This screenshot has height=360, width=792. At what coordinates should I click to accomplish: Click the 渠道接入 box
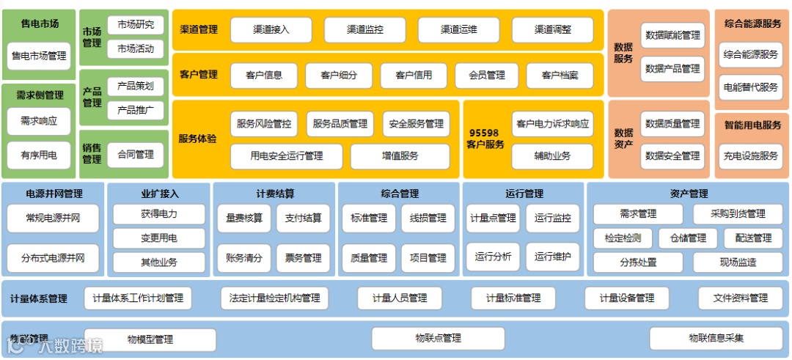click(271, 30)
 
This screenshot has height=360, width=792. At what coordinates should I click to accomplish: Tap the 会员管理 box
click(481, 76)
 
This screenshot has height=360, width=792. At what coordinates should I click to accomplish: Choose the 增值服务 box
click(400, 156)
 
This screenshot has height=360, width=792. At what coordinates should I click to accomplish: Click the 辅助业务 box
click(552, 155)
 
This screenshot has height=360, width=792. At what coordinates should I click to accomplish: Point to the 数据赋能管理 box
click(672, 35)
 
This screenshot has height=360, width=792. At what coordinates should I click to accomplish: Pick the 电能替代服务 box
click(750, 87)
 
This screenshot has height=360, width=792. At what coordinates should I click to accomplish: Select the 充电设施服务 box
click(750, 156)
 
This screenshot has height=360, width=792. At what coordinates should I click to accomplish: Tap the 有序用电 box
click(39, 155)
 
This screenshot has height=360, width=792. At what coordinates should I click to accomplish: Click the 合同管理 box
click(136, 155)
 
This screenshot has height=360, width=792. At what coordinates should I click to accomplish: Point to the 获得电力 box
click(158, 215)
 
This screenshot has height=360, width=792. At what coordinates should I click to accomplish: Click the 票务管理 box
click(304, 258)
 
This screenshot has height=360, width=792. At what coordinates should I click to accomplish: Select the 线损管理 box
click(428, 218)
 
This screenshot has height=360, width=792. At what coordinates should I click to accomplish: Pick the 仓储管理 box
click(682, 238)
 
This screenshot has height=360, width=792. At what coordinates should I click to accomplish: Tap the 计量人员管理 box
click(400, 298)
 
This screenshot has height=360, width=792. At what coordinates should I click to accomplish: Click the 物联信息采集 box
click(715, 339)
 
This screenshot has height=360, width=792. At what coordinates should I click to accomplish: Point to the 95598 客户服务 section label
click(485, 139)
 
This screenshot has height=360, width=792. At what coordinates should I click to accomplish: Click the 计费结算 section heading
click(275, 194)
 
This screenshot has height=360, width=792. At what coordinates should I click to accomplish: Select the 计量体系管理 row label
click(39, 299)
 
